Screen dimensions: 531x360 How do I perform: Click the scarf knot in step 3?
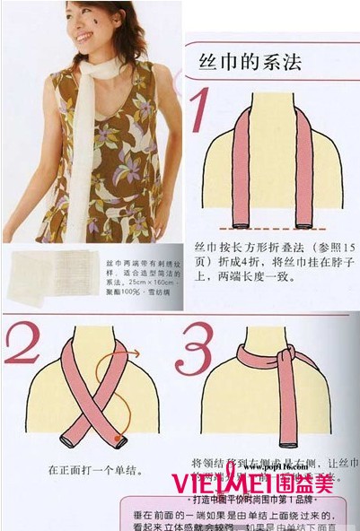click(x=285, y=357)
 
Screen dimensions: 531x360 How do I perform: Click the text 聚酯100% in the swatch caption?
click(x=124, y=292)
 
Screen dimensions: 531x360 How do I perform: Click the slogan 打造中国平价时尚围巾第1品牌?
click(x=256, y=499)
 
